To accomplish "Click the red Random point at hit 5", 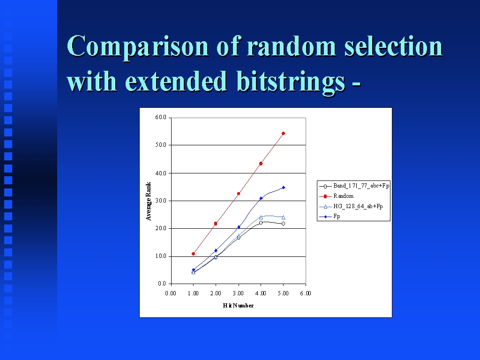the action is point(283,134).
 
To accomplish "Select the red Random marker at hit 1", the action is point(193,254).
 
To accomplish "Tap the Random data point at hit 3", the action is point(239,194).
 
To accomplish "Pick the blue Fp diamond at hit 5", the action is point(283,187).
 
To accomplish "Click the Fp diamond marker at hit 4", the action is point(261,198).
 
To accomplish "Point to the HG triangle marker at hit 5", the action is point(283,217).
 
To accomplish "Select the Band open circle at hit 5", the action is point(283,224).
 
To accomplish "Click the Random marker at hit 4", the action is point(261,164).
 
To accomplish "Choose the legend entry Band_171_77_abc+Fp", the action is point(354,186).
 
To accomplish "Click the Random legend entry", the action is point(337,196).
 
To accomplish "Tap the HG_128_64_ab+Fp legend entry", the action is point(351,206).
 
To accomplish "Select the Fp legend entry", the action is point(330,217).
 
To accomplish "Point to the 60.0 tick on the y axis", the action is point(161,117).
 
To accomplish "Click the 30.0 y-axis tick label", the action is point(161,201).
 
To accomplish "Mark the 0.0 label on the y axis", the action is point(162,284).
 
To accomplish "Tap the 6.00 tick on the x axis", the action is point(306,293).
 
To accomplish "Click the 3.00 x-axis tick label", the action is point(238,293).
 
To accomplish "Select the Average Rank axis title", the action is point(149,201).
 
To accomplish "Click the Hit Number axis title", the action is point(238,306).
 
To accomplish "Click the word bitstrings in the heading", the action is point(291,81).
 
